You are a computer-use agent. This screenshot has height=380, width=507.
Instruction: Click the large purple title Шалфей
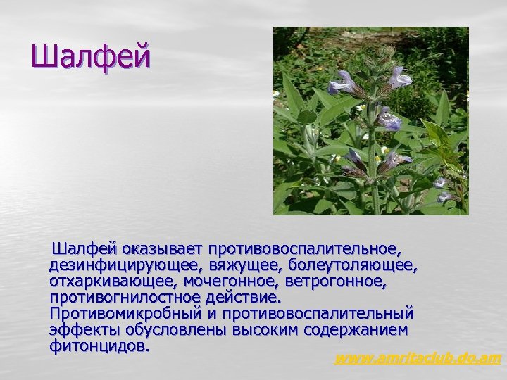[x=91, y=57]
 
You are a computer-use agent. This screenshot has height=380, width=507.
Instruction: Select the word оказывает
[x=163, y=249]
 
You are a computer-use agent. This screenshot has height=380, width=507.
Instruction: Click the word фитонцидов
[x=99, y=346]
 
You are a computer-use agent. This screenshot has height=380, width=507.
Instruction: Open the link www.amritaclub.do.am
[x=418, y=359]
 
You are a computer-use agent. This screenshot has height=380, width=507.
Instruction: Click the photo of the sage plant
[x=370, y=121]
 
